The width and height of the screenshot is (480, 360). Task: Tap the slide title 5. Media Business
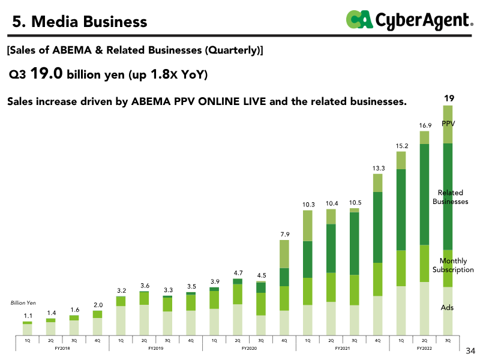pyautogui.click(x=80, y=22)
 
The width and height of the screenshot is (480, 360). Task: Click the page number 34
pyautogui.click(x=470, y=350)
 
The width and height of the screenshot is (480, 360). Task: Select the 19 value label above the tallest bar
pyautogui.click(x=448, y=98)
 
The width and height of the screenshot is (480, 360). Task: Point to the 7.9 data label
pyautogui.click(x=284, y=234)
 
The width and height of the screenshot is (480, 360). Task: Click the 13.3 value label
pyautogui.click(x=378, y=168)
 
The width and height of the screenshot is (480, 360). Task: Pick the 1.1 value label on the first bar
pyautogui.click(x=28, y=316)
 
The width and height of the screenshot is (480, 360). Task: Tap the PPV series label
pyautogui.click(x=448, y=124)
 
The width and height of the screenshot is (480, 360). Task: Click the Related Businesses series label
pyautogui.click(x=450, y=197)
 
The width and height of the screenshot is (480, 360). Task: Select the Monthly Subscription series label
pyautogui.click(x=453, y=265)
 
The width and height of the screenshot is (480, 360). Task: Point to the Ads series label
pyautogui.click(x=447, y=308)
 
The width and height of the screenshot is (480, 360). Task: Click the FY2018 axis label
pyautogui.click(x=62, y=348)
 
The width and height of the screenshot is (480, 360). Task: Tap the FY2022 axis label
pyautogui.click(x=425, y=348)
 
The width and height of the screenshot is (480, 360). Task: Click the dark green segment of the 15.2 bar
pyautogui.click(x=401, y=209)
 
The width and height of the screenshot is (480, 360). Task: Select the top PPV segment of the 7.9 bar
pyautogui.click(x=284, y=254)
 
